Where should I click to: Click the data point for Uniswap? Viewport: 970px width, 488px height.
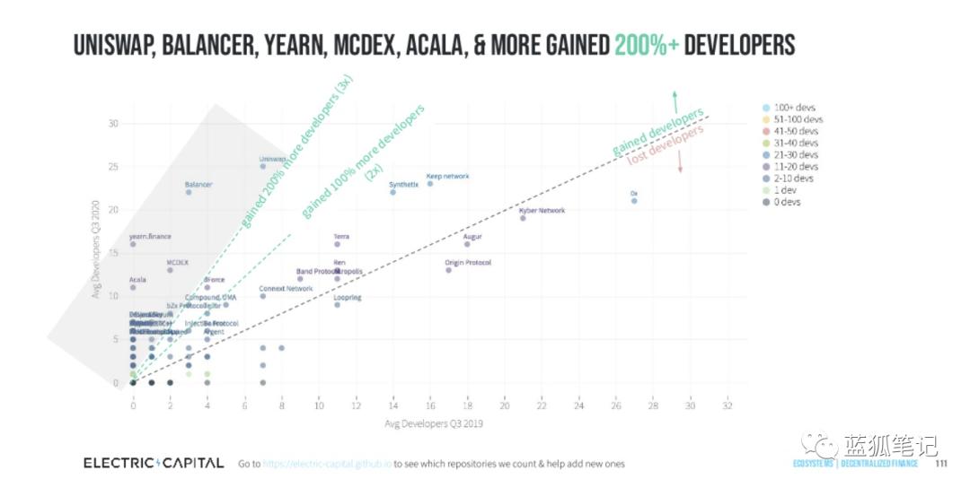pos(263,166)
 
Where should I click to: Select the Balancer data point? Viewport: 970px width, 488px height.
pos(189,192)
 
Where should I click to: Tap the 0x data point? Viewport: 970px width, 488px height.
pos(634,201)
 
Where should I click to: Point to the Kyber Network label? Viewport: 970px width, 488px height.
pos(542,210)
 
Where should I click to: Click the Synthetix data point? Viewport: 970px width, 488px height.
pos(393,192)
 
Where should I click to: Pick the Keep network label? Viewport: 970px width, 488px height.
pos(447,176)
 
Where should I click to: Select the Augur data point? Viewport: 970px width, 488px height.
pos(467,244)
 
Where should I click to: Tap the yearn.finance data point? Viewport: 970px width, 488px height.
pos(133,244)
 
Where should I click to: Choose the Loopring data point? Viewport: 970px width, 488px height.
pos(338,305)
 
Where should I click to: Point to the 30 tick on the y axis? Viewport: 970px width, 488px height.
pos(113,123)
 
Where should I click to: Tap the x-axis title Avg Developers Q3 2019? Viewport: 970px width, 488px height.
pos(434,423)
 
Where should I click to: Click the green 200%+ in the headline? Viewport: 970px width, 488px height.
pos(646,46)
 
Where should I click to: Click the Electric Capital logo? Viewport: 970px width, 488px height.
pos(154,463)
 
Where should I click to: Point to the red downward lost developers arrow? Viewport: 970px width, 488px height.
pos(681,160)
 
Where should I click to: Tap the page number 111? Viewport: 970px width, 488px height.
pos(941,464)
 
